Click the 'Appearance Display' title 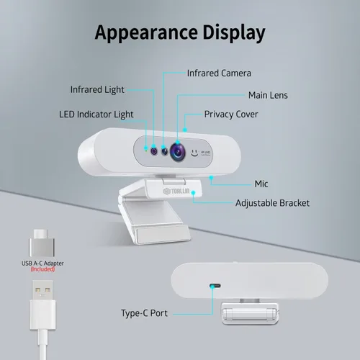[x=180, y=32]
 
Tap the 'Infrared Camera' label [x=219, y=73]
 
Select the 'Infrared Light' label [x=97, y=90]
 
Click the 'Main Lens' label [x=268, y=95]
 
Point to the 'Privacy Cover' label [x=231, y=114]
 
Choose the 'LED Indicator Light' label [x=96, y=114]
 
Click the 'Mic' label [x=261, y=184]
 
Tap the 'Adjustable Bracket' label [x=272, y=203]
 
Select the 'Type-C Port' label [x=144, y=313]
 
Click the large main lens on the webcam [x=178, y=152]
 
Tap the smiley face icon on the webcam [x=194, y=153]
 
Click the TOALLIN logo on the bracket [x=176, y=192]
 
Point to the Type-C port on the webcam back [x=215, y=286]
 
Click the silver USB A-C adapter [x=42, y=243]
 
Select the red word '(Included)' [x=42, y=269]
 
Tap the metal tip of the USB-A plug [x=42, y=290]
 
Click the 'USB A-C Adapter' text [x=42, y=264]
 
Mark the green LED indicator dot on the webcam [x=146, y=150]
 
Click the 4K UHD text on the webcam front [x=206, y=153]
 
